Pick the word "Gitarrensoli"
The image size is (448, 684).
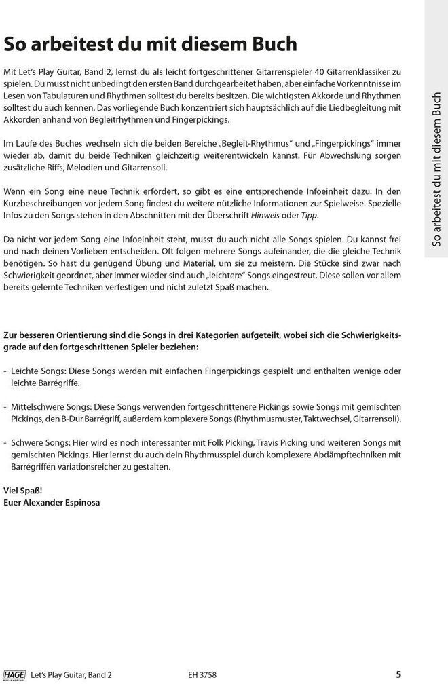pyautogui.click(x=143, y=167)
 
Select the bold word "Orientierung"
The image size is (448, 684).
pyautogui.click(x=92, y=335)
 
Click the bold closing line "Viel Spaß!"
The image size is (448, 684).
pyautogui.click(x=22, y=490)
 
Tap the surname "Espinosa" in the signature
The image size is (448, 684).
pyautogui.click(x=81, y=502)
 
